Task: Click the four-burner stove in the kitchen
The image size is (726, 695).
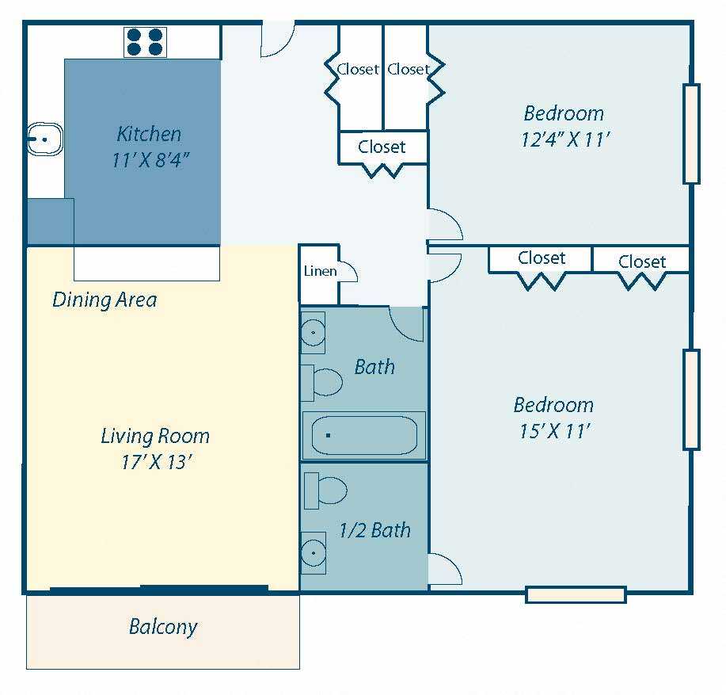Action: (145, 42)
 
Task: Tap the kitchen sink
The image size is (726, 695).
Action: (44, 139)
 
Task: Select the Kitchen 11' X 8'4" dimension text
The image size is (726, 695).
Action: (150, 160)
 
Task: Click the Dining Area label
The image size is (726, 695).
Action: (105, 300)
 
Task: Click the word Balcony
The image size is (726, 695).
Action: (163, 628)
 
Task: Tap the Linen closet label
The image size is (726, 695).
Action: (320, 271)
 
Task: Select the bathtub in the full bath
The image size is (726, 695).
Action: (364, 435)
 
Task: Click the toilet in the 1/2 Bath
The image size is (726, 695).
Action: (325, 491)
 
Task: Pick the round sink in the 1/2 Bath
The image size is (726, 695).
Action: (314, 553)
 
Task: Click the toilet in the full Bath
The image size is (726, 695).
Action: (321, 382)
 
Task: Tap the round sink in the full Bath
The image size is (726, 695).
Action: (313, 333)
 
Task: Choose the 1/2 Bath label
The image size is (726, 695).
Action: (374, 530)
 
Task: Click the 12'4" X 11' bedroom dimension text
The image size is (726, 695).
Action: (564, 139)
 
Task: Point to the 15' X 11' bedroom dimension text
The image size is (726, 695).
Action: (554, 431)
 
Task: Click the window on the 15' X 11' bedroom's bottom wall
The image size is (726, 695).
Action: (576, 594)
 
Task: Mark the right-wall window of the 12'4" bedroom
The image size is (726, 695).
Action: (691, 133)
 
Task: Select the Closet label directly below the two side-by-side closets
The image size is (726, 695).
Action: (382, 147)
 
